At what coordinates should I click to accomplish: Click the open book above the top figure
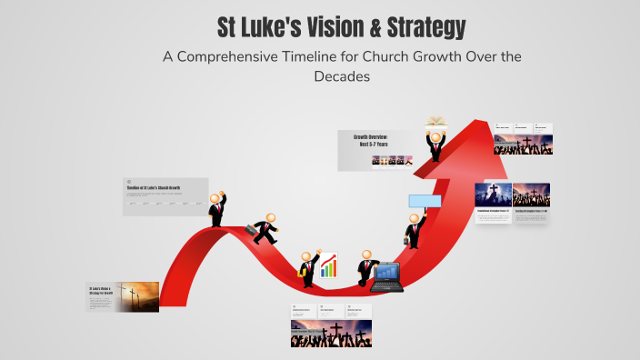point(436,122)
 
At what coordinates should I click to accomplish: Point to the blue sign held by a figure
point(425,201)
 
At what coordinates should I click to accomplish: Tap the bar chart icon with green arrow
point(328,265)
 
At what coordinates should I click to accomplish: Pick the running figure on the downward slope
point(266,229)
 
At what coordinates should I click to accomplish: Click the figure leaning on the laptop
point(365,268)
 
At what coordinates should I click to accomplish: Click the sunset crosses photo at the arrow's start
point(136,296)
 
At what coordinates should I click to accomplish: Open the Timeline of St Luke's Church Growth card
point(165,196)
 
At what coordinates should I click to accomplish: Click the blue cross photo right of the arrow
point(493,195)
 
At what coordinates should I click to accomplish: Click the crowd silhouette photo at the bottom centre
point(331,335)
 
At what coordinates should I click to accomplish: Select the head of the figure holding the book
point(435,138)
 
